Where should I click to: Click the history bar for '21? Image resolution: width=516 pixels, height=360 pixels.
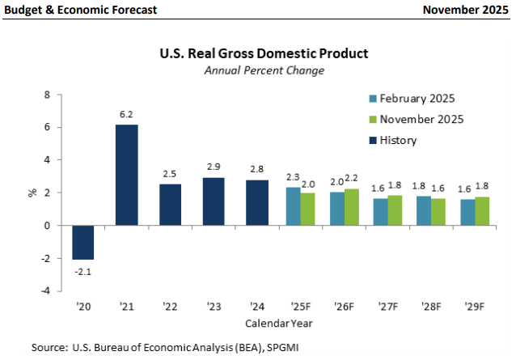[x=126, y=175]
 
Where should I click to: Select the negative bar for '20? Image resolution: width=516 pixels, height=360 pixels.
[x=82, y=242]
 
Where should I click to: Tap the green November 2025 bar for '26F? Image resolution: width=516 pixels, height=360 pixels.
[x=351, y=207]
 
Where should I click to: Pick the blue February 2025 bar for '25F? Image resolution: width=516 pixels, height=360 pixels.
[x=293, y=206]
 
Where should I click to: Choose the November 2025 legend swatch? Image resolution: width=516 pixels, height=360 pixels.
[x=373, y=120]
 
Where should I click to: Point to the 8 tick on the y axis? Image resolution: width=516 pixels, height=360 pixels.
[x=46, y=95]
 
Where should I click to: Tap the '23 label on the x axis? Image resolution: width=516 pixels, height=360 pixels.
[x=214, y=307]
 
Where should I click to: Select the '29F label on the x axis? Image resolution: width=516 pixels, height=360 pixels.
[x=476, y=307]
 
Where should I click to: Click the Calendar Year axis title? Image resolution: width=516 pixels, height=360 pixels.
[x=279, y=322]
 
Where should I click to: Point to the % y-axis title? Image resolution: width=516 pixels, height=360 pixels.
[x=32, y=193]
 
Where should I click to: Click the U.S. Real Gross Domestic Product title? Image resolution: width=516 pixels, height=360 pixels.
[x=264, y=53]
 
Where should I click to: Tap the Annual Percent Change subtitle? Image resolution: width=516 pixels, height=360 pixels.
[x=264, y=70]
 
